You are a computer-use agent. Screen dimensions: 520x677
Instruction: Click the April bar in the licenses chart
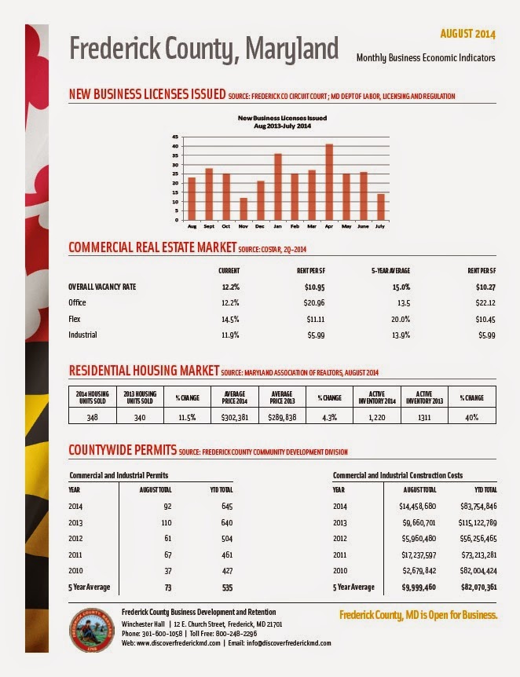pos(329,181)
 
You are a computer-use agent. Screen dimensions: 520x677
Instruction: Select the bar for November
pos(244,209)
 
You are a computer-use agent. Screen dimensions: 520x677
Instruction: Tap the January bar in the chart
pos(278,186)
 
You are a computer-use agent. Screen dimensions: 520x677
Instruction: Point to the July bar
pos(380,207)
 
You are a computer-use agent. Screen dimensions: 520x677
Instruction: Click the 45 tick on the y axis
pos(175,137)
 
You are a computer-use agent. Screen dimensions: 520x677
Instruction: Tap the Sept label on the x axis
pos(209,226)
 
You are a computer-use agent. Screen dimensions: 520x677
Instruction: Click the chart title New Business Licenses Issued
pos(282,118)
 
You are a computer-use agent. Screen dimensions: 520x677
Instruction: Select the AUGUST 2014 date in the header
pos(467,34)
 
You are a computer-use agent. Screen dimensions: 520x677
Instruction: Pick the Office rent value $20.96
pos(314,302)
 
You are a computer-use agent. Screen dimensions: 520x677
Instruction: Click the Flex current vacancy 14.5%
pos(230,319)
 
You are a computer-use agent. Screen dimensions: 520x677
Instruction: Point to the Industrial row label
pos(82,335)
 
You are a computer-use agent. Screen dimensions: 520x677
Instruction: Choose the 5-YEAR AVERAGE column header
pos(391,271)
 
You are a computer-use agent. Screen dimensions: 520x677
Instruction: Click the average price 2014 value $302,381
pos(235,418)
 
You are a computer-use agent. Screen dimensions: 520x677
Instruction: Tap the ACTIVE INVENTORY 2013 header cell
pos(424,397)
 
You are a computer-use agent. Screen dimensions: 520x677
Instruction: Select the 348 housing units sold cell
pos(93,418)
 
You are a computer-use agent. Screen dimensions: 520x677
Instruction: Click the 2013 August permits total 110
pos(167,522)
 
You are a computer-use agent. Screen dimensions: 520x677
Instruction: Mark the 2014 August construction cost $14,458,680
pos(418,506)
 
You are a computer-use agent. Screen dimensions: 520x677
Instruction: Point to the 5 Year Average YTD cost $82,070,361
pos(478,587)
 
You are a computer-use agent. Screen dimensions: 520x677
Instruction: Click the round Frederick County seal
pos(92,630)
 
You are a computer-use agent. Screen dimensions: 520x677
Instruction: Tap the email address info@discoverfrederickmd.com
pos(289,643)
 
